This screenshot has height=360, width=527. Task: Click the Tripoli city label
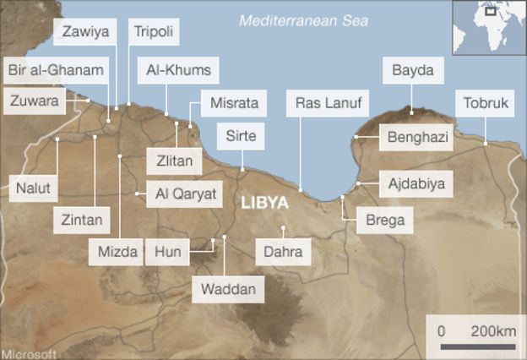coord(154,33)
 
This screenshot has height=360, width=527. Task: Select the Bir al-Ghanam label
coord(57,68)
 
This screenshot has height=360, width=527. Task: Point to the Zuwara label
coord(35,101)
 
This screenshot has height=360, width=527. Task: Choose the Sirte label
coord(240,135)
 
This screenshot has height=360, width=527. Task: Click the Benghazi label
coord(416,137)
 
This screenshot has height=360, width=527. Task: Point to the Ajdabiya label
coord(416,182)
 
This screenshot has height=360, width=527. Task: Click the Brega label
coord(385,221)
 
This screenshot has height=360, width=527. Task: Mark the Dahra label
coord(283,251)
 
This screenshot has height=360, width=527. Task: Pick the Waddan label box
coord(228,290)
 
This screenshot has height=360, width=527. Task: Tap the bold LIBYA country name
coord(265,203)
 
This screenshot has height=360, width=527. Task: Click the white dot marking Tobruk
coord(486,144)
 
